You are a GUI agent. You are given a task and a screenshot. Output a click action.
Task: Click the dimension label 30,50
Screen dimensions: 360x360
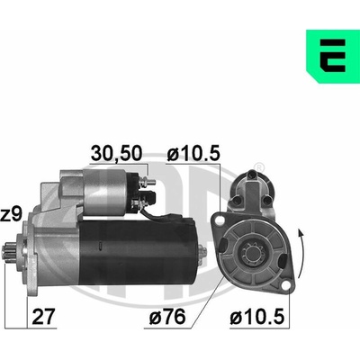pos(116,154)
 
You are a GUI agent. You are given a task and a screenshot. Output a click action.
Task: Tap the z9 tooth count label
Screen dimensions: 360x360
pos(12,215)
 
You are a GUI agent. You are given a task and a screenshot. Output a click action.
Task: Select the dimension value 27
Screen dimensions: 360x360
pos(44,317)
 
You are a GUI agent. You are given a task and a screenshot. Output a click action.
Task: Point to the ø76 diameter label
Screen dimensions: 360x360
pos(167,317)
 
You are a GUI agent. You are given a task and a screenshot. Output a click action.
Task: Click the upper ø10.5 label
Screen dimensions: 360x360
pos(193,154)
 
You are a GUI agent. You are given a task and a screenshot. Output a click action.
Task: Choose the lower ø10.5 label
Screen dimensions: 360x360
pos(257,317)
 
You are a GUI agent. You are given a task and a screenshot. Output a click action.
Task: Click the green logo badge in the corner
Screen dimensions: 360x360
pos(333,56)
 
